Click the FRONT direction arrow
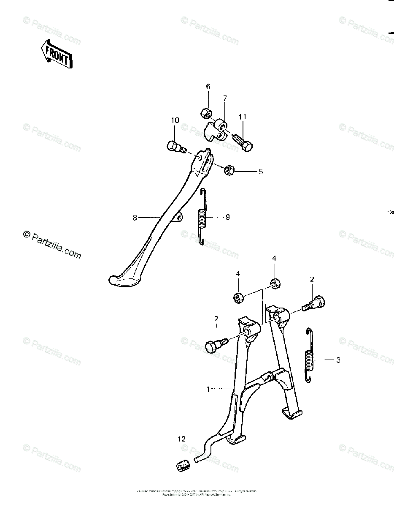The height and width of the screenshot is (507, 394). click(57, 54)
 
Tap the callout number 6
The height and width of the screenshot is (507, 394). click(208, 87)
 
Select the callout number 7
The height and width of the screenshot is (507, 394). click(225, 98)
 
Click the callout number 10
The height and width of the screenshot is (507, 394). click(175, 120)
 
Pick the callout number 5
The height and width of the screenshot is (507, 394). click(261, 172)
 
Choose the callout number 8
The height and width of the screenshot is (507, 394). click(135, 218)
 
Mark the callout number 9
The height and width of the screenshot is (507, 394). click(227, 217)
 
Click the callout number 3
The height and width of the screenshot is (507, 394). click(338, 360)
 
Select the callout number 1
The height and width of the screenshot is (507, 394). click(208, 389)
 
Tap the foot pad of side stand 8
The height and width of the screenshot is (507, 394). click(122, 281)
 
